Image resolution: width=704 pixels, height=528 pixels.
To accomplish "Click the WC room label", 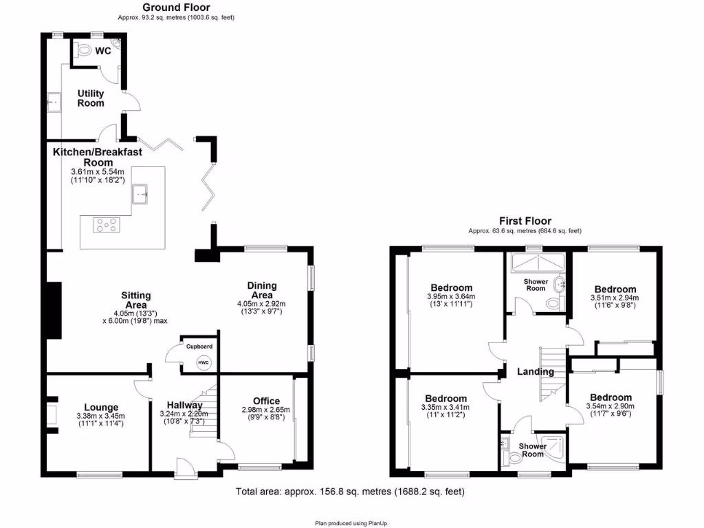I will pyautogui.click(x=103, y=51).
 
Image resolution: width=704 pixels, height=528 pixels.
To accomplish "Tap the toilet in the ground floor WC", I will pyautogui.click(x=82, y=50).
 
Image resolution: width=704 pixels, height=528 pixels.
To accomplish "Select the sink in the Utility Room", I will pyautogui.click(x=54, y=104).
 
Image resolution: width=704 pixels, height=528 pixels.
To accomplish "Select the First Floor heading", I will pyautogui.click(x=525, y=221).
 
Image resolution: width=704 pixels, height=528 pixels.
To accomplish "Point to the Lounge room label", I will pyautogui.click(x=102, y=407).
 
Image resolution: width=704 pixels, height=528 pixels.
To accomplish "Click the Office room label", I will pyautogui.click(x=266, y=401).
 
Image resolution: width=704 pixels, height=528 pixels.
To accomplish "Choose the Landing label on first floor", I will pyautogui.click(x=536, y=372).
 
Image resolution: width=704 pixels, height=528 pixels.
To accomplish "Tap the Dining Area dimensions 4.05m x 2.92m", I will pyautogui.click(x=261, y=304).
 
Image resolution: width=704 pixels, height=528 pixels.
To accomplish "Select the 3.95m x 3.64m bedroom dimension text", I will pyautogui.click(x=452, y=297).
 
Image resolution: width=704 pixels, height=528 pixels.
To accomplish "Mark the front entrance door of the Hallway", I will pyautogui.click(x=184, y=468).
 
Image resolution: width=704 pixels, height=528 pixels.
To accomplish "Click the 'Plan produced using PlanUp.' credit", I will pyautogui.click(x=351, y=523).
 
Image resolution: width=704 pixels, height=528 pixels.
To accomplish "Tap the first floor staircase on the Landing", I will pyautogui.click(x=551, y=375).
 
